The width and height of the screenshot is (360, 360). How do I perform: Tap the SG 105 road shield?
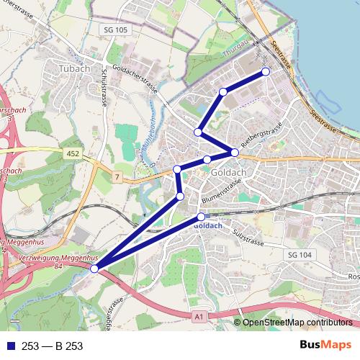[x=114, y=30]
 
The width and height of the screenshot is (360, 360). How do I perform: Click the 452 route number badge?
[x=73, y=153]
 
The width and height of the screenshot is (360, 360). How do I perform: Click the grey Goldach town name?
[x=230, y=174]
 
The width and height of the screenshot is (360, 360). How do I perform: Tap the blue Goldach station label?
[x=208, y=225]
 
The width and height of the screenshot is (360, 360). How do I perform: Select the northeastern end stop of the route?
[x=266, y=71]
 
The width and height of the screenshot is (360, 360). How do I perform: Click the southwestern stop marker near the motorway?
[x=95, y=269]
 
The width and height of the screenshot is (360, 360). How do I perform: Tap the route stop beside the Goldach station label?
[x=202, y=217]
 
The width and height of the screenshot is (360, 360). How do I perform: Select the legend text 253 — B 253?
[x=52, y=346]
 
